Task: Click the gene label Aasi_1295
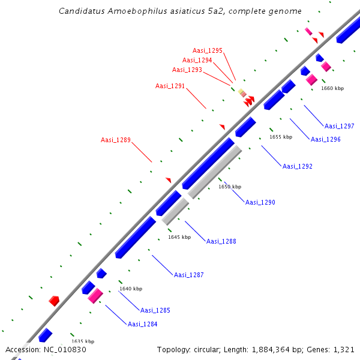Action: coord(208,50)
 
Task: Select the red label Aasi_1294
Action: coord(197,60)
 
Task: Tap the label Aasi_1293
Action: coord(187,70)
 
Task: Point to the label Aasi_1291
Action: coord(170,86)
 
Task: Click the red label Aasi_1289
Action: coord(116,140)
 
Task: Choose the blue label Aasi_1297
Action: coord(340,126)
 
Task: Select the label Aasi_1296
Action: coord(326,139)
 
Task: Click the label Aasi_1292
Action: coord(298,166)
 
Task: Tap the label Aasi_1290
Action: coord(260,202)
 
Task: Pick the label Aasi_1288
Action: coord(221,241)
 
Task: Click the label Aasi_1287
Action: coord(189,275)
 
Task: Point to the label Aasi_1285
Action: coord(155,310)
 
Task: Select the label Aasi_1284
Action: coord(143,324)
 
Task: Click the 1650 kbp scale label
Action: coord(230,187)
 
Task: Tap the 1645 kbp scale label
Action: coord(179,237)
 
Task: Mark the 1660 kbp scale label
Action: coord(332,88)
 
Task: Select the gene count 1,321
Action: coord(346,349)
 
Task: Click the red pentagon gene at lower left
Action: coord(54,301)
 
